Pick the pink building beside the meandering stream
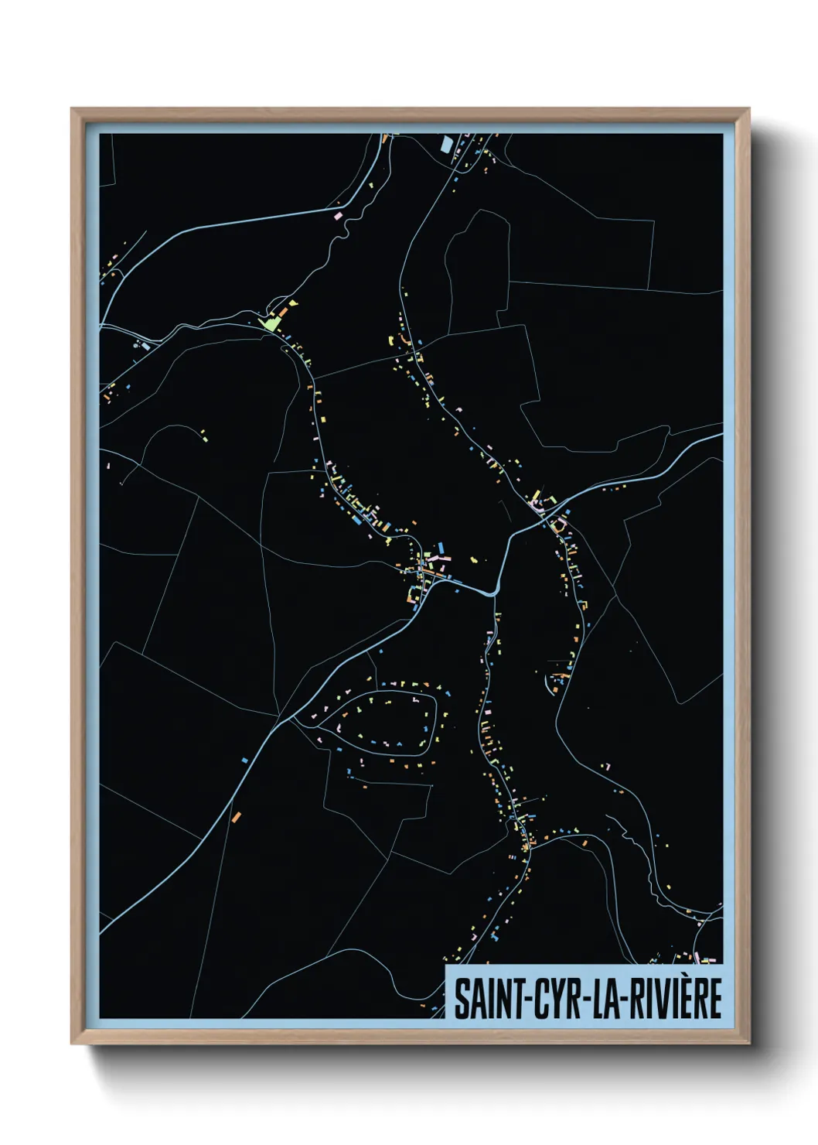tap(337, 212)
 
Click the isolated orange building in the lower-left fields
tap(237, 816)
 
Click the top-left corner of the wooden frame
tap(73, 110)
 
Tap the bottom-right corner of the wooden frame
tap(748, 1043)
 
